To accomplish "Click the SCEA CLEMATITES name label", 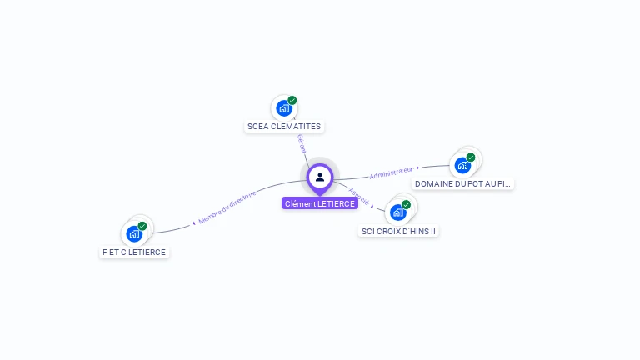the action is click(284, 127).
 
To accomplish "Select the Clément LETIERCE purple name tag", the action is click(320, 203).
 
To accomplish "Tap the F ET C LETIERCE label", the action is click(134, 252).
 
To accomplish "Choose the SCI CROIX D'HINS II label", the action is click(398, 231).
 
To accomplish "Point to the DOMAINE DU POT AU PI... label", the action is click(463, 183).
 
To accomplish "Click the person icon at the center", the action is click(320, 177).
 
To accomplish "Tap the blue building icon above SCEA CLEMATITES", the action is click(283, 108).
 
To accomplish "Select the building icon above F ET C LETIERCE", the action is click(134, 234).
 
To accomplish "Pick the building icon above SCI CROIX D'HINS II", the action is click(397, 212).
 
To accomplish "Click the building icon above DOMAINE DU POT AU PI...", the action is click(462, 165).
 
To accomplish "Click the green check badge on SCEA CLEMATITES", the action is click(292, 101).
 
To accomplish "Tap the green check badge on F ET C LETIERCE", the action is click(142, 226).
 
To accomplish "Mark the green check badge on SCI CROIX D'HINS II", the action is click(407, 204).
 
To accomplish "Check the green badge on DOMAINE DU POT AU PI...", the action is click(471, 157).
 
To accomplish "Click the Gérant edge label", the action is click(301, 143).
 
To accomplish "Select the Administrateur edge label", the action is click(391, 172).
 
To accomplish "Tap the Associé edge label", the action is click(358, 196).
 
